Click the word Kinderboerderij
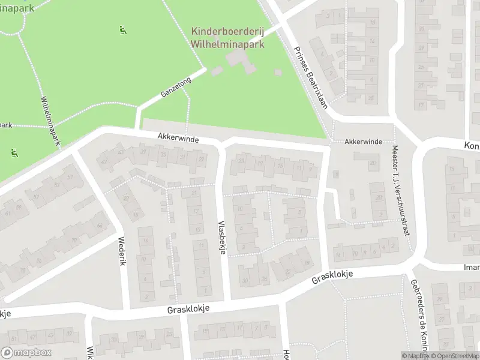(229, 31)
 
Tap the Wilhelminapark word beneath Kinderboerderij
(228, 44)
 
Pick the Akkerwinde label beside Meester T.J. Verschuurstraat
(363, 142)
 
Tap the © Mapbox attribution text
(416, 356)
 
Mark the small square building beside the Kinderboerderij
(277, 73)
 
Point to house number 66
(99, 226)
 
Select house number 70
(74, 241)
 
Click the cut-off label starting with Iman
(472, 267)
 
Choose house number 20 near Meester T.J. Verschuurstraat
(373, 163)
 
